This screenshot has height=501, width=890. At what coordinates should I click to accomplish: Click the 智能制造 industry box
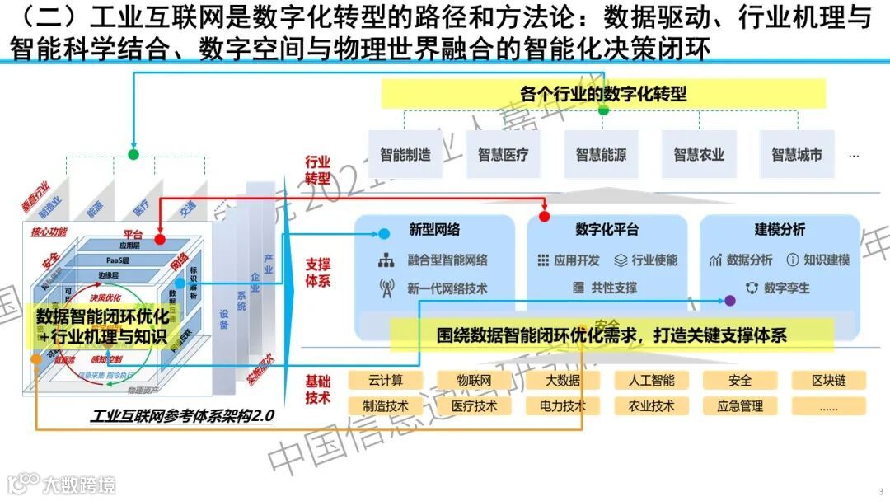405,154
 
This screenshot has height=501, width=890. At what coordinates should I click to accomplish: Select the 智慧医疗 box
504,154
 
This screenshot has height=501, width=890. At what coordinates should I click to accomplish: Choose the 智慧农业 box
699,154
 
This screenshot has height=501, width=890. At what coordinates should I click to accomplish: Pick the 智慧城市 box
796,154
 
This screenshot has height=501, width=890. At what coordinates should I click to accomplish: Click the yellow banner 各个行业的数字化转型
603,93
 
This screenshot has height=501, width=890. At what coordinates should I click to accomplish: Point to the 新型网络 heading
434,230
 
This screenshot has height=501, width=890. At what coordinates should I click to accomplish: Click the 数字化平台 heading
607,230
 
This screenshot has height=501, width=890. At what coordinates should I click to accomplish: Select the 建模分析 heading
780,230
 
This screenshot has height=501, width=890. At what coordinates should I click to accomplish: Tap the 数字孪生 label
786,288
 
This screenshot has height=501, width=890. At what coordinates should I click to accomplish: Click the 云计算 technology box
386,380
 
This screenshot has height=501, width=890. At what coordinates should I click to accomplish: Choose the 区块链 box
828,380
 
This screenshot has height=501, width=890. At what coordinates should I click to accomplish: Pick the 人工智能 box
651,380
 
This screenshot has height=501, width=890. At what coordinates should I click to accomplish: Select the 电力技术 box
563,405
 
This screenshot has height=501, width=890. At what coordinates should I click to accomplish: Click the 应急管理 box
740,405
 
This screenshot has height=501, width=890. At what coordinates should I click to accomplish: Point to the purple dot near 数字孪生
729,302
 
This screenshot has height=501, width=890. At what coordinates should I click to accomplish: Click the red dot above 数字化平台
544,216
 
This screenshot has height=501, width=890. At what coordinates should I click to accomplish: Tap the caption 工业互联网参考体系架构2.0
182,417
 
